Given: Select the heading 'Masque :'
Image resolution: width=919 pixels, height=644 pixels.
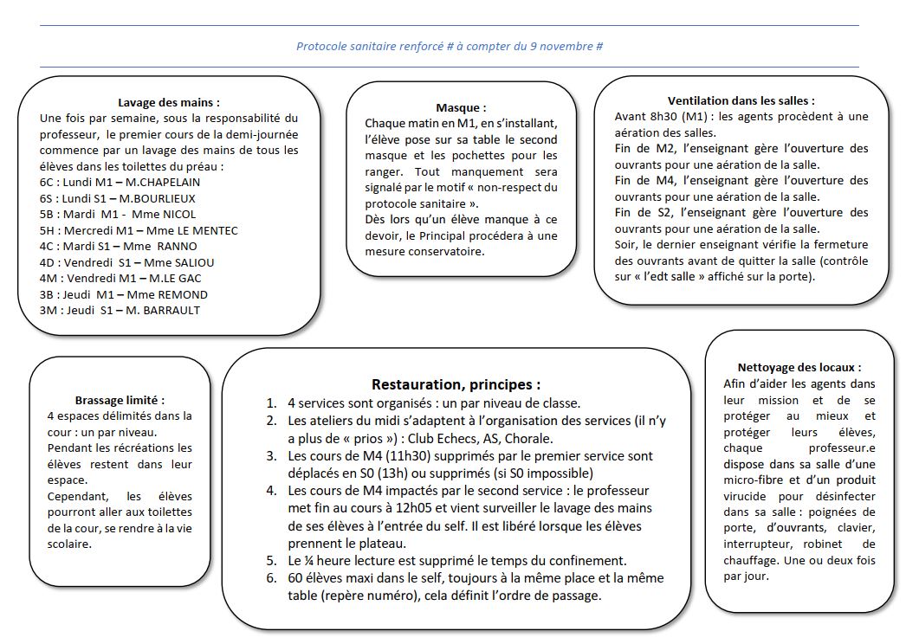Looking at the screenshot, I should coord(460,108).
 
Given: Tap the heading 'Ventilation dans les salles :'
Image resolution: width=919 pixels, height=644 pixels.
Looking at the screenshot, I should coord(741,100).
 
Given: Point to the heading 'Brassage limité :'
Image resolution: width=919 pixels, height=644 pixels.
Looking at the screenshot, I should coord(120,400).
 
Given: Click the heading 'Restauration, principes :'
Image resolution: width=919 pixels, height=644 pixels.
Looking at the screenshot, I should coord(456,383).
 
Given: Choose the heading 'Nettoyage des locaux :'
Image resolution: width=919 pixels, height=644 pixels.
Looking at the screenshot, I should coord(799,367).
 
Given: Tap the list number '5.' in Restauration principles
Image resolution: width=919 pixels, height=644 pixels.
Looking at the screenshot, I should coord(271,560).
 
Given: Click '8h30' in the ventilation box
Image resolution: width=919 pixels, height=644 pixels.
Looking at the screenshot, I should coord(675,117).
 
